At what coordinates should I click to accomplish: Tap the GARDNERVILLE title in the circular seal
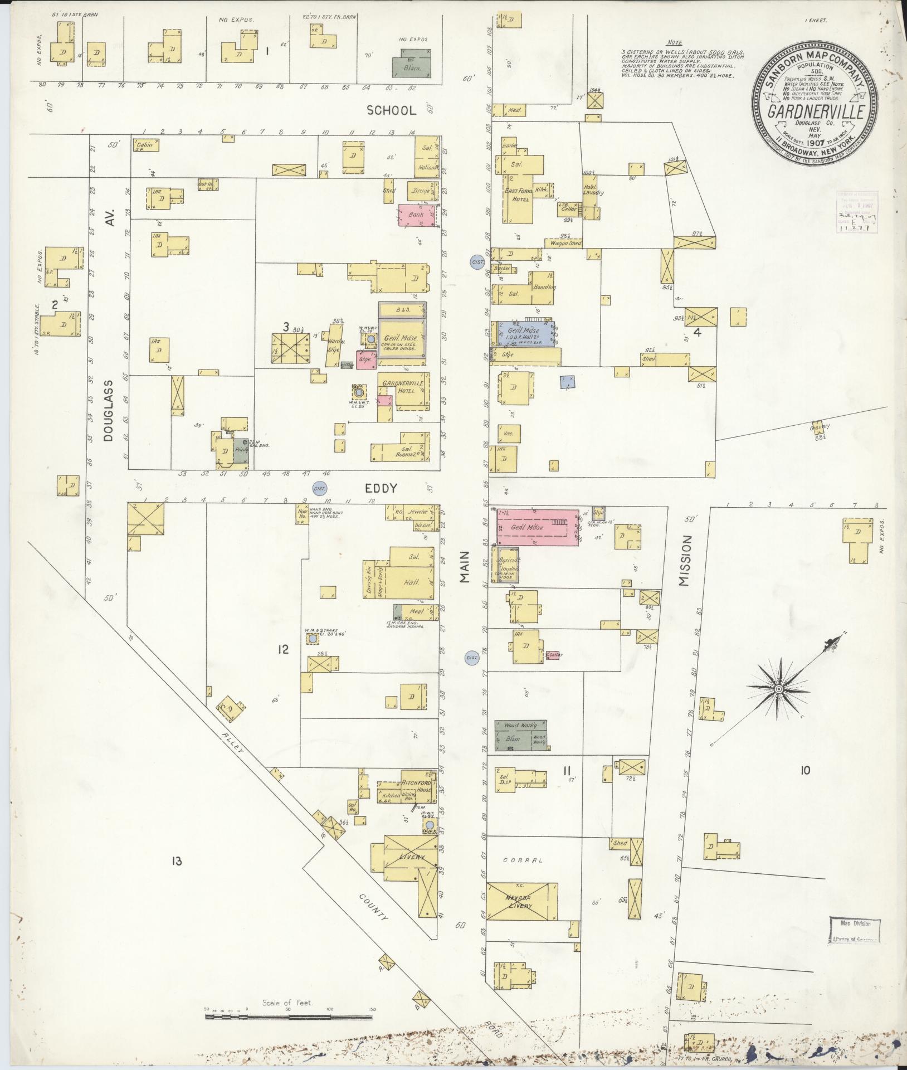pyautogui.click(x=816, y=112)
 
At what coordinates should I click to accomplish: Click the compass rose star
pyautogui.click(x=778, y=689)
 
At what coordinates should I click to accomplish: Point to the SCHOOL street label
pyautogui.click(x=391, y=110)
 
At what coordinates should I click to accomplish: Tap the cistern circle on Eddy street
pyautogui.click(x=320, y=488)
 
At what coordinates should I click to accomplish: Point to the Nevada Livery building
pyautogui.click(x=521, y=902)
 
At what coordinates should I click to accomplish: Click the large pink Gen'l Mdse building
pyautogui.click(x=536, y=527)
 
